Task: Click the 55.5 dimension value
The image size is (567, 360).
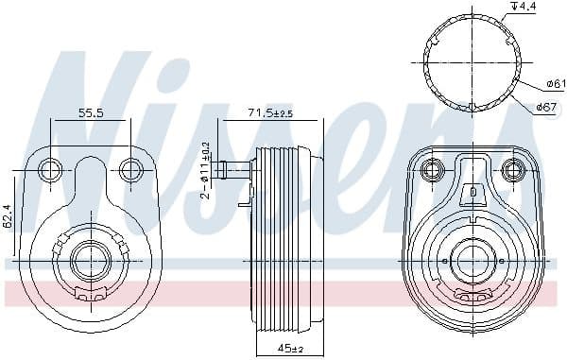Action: click(91, 113)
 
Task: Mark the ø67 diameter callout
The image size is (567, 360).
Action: click(546, 107)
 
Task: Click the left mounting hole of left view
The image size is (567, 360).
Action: click(50, 170)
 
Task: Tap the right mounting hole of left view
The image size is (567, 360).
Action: click(131, 170)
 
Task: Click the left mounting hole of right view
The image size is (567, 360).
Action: click(432, 171)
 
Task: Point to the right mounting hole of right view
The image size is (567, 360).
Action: click(513, 171)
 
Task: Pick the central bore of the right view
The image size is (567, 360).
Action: click(472, 258)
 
